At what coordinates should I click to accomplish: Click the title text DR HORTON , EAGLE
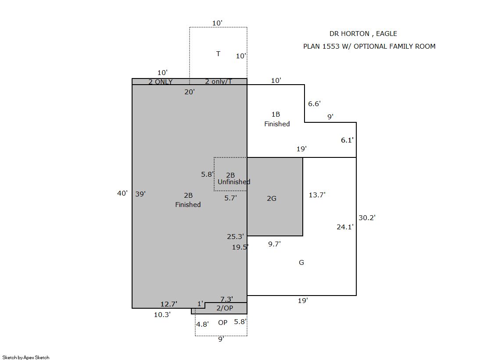363,34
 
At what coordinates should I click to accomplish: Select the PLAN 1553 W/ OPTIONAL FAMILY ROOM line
369,46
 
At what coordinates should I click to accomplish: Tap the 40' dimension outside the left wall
122,193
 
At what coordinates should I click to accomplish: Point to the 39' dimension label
140,194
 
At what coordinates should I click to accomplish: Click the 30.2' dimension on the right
367,217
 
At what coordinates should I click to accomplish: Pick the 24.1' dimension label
345,227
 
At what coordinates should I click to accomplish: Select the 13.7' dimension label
317,195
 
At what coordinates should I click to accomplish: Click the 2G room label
272,199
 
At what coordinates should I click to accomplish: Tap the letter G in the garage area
301,262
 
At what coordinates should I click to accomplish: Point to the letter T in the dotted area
218,54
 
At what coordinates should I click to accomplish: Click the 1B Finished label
277,119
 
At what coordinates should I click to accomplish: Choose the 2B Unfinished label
233,178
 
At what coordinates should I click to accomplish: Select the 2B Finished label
188,200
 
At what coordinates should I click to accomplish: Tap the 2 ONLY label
160,82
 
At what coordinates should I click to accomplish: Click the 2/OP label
225,308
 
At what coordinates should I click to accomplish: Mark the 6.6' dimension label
314,103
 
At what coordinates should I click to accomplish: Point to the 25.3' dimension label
235,237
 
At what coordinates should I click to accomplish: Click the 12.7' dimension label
169,304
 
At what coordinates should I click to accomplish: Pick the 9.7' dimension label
274,244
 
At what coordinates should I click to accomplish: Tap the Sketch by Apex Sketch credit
26,357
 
